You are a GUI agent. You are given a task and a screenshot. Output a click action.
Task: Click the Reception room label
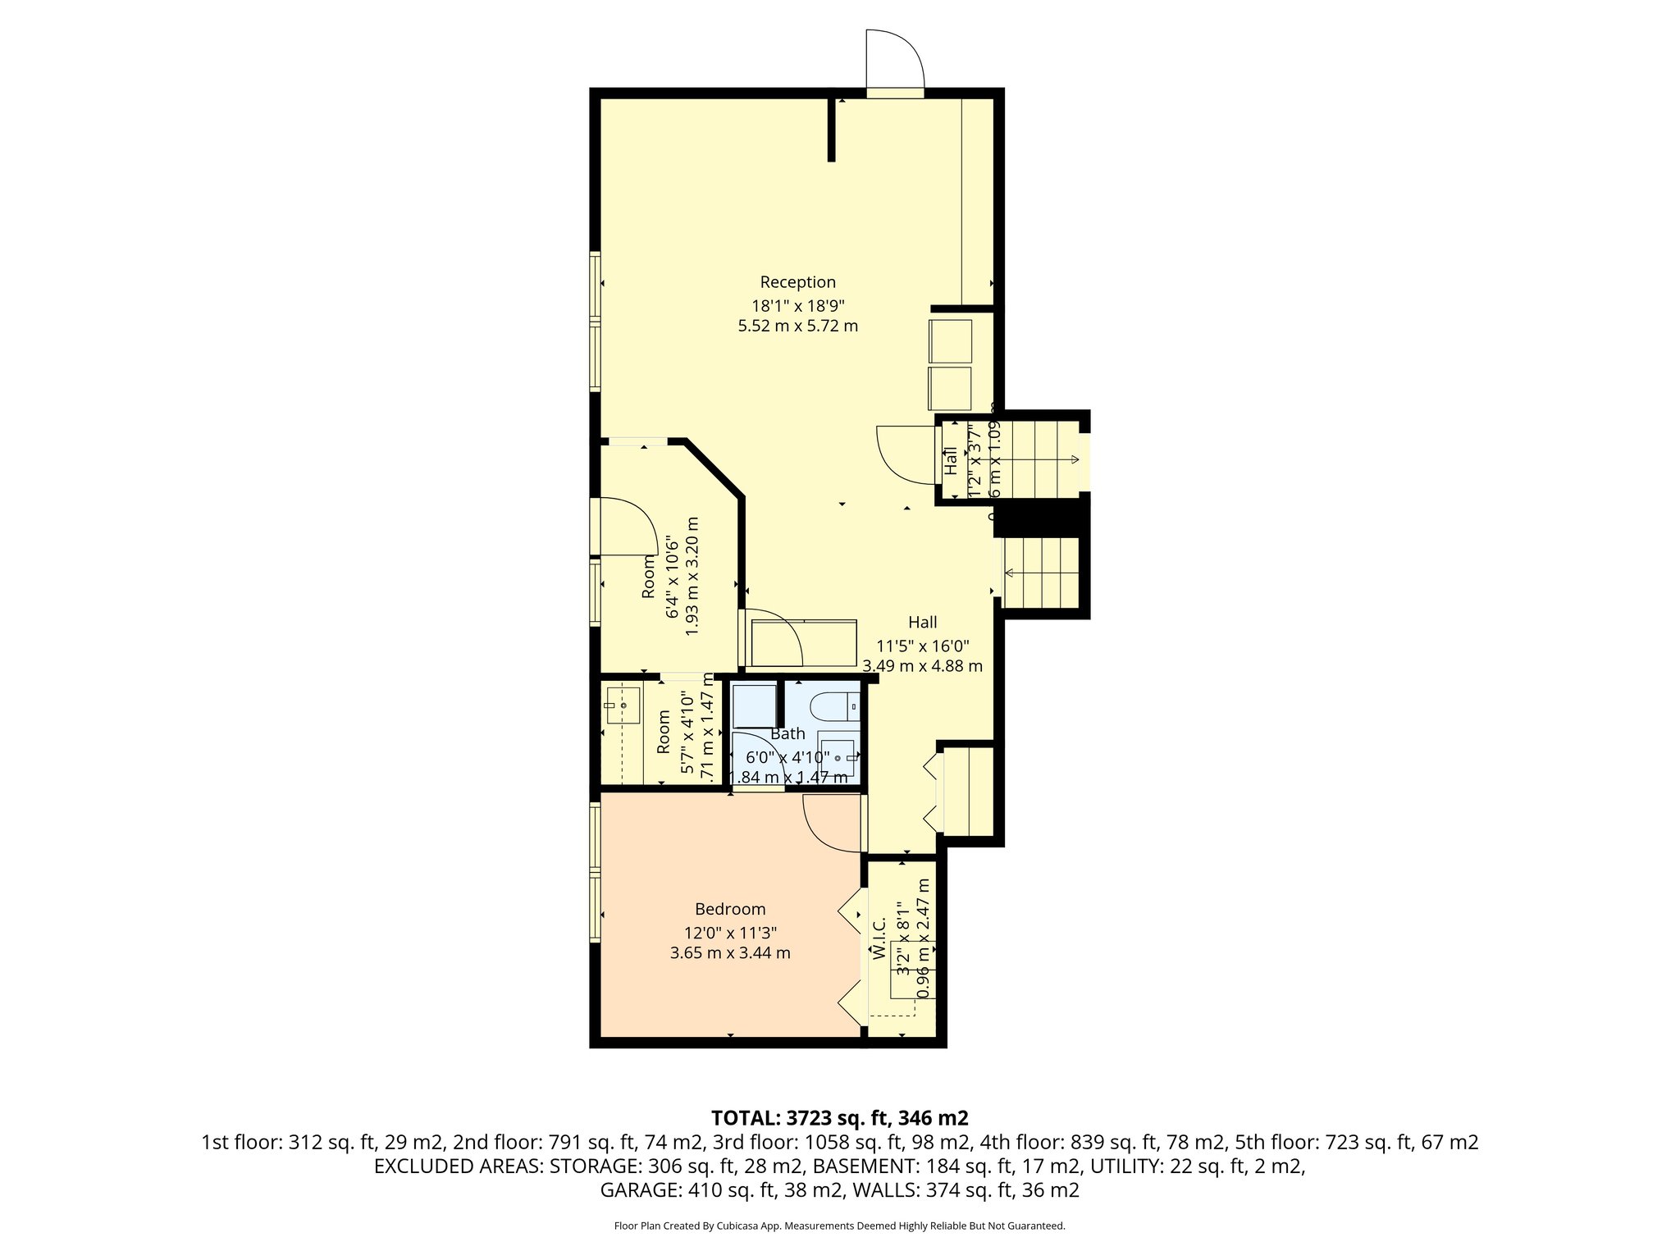point(797,282)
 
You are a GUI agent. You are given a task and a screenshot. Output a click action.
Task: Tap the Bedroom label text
point(730,909)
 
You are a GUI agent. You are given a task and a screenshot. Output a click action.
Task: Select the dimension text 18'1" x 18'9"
point(797,305)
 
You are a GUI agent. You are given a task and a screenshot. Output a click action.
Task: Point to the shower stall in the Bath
point(754,705)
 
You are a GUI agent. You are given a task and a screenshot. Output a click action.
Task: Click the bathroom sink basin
point(838,759)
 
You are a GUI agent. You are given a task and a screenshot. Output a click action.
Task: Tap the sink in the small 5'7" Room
point(622,705)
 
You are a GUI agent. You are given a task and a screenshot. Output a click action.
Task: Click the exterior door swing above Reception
point(896,59)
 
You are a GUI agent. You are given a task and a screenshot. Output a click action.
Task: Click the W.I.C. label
point(879,938)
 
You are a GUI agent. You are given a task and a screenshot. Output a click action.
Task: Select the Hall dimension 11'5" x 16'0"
point(923,645)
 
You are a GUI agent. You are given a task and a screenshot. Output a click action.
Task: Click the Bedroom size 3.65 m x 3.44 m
point(730,953)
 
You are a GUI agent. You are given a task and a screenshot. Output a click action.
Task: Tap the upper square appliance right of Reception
point(950,340)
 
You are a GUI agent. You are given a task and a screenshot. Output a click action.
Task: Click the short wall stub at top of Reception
point(831,130)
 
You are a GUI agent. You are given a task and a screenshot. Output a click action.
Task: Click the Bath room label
point(787,733)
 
